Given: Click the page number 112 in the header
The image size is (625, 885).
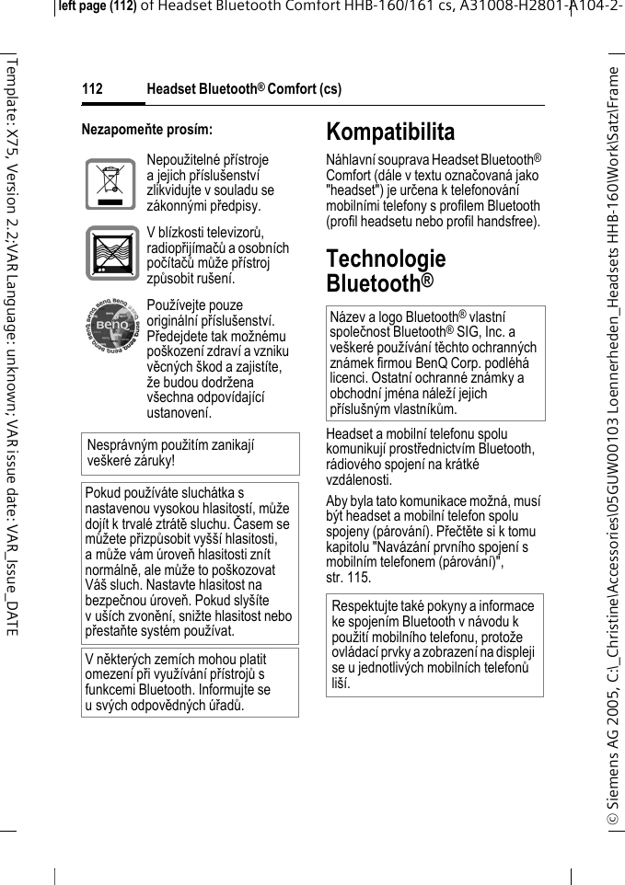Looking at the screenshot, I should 92,89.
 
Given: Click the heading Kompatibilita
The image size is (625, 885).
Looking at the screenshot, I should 390,132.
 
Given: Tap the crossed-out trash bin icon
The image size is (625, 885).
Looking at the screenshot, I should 110,183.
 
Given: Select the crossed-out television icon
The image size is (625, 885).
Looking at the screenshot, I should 110,253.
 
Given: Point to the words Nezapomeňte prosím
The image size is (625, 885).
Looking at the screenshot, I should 147,130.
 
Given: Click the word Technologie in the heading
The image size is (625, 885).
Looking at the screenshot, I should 386,259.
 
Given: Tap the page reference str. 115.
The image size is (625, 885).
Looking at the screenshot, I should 349,578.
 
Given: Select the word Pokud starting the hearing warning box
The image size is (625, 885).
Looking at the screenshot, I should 101,494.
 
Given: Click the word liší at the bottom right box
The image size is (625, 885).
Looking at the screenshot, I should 341,684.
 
